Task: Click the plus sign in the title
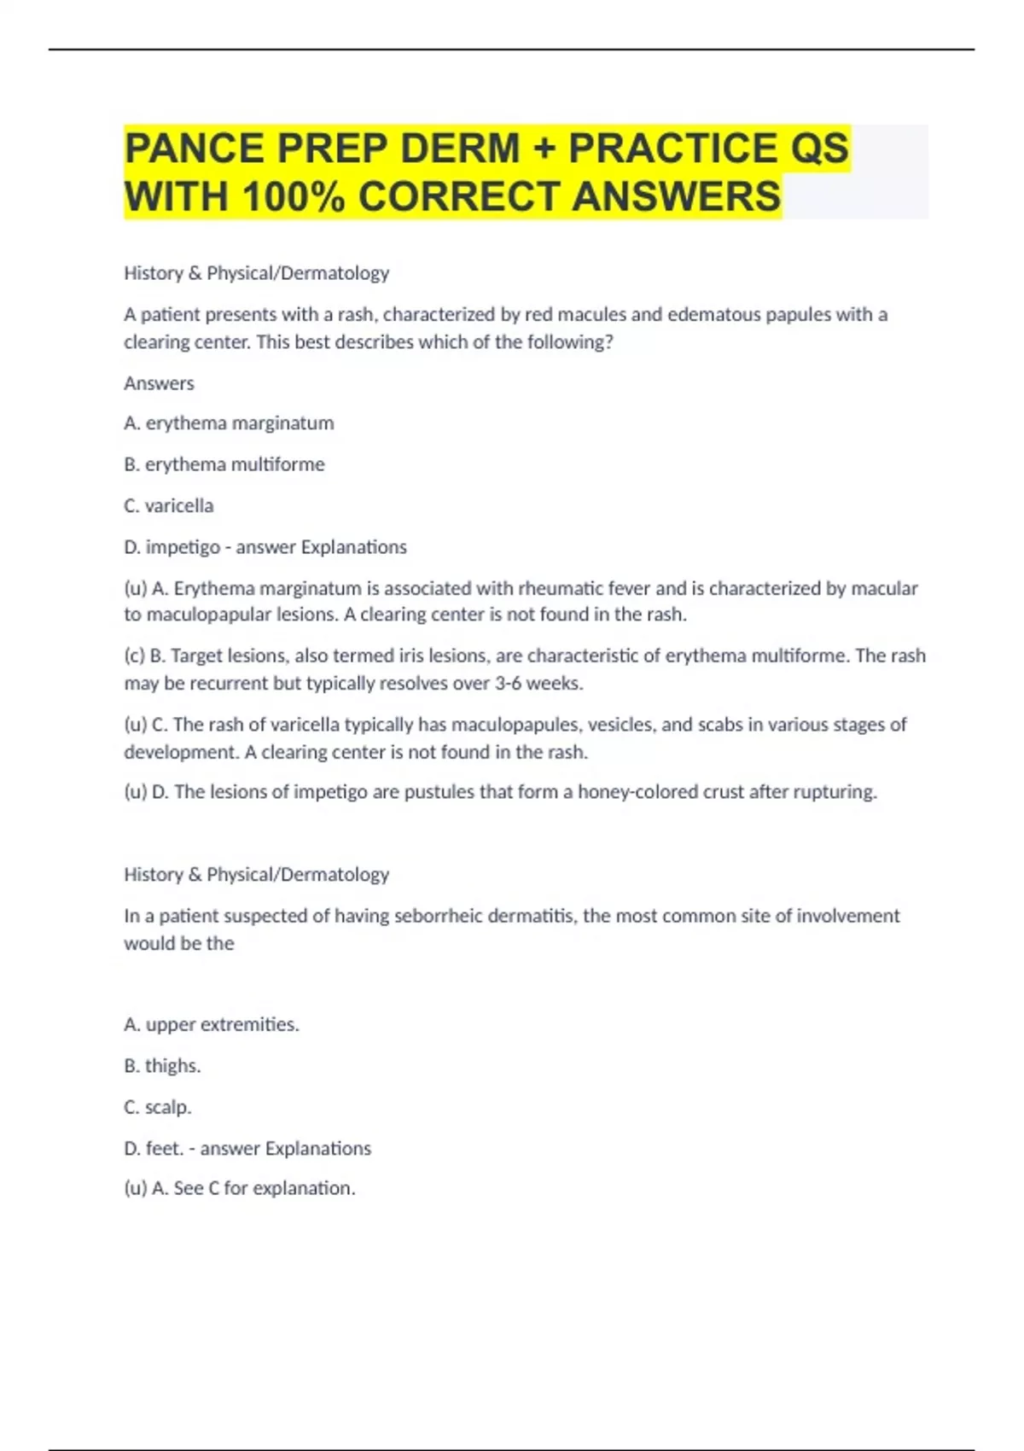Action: click(544, 149)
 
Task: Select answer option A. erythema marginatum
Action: click(229, 423)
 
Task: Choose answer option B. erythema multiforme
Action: click(224, 464)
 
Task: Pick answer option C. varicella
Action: click(169, 506)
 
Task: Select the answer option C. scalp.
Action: click(158, 1107)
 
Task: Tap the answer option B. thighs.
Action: click(162, 1066)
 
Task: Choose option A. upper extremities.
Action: click(212, 1024)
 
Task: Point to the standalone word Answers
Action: click(159, 383)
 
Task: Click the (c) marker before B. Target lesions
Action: click(134, 656)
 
